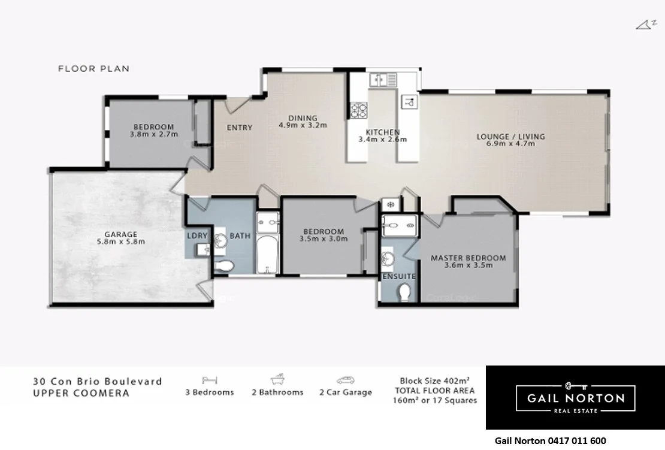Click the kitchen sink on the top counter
383,79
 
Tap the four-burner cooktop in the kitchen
359,110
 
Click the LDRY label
197,236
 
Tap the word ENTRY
239,128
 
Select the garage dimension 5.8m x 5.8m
120,242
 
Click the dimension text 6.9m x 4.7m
510,144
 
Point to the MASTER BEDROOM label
468,258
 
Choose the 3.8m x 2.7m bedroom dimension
153,135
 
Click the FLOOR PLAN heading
93,69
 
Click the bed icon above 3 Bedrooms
210,380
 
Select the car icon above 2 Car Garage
345,380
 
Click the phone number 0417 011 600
576,441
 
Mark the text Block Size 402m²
434,380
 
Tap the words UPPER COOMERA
81,394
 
